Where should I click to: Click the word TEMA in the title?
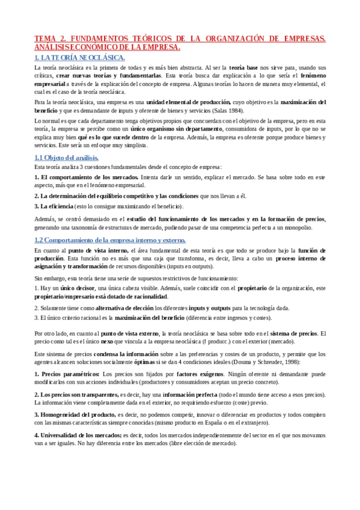[x=45, y=38]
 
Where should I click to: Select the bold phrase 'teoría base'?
[x=245, y=68]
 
